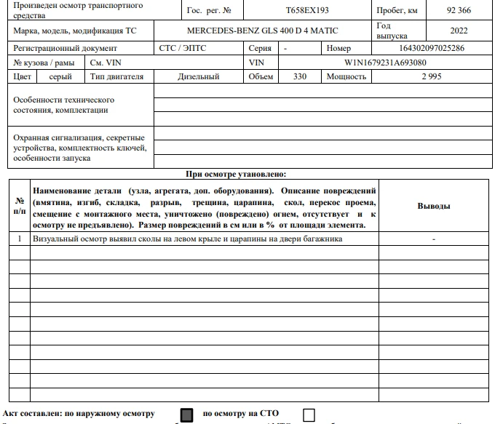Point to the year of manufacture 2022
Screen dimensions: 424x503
point(459,31)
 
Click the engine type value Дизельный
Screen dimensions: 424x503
point(198,76)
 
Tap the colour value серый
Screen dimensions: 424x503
point(60,76)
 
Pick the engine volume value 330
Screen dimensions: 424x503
point(299,76)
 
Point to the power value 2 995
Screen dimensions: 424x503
point(431,76)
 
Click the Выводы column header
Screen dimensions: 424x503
point(433,206)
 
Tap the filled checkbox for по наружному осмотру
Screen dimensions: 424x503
point(187,415)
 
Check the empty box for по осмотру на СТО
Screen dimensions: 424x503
point(309,415)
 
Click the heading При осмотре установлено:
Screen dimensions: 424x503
point(237,174)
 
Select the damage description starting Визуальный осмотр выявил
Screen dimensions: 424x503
point(187,239)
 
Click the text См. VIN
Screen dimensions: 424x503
point(106,63)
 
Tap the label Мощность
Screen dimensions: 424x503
point(346,76)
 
